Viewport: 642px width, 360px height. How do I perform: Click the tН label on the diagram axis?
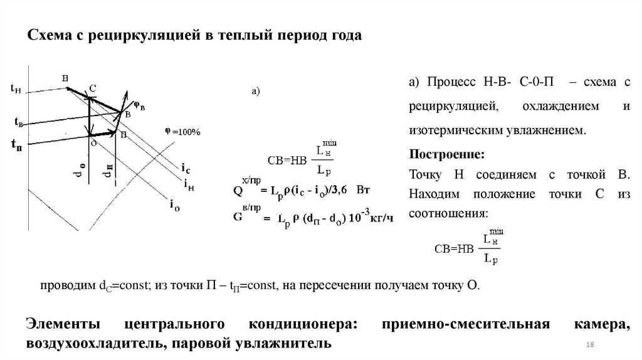pos(16,90)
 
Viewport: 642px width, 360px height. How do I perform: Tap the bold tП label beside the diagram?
pos(17,146)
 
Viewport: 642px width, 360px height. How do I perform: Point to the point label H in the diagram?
pos(65,78)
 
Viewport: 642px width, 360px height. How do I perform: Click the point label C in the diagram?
pos(92,89)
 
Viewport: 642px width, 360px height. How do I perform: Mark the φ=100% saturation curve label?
pos(182,132)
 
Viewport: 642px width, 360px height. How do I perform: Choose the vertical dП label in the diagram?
pos(109,172)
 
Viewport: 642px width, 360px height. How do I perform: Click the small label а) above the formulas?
pos(256,92)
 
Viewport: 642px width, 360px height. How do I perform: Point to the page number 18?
pos(589,346)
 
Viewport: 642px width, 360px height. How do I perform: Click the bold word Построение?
pos(446,155)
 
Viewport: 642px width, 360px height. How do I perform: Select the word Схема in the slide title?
pos(48,36)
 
